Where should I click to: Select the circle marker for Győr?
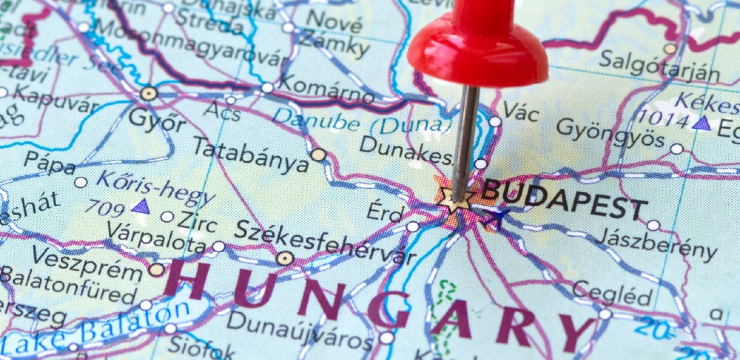(149, 94)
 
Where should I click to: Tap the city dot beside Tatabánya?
(319, 155)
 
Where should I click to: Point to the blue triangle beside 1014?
(702, 124)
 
